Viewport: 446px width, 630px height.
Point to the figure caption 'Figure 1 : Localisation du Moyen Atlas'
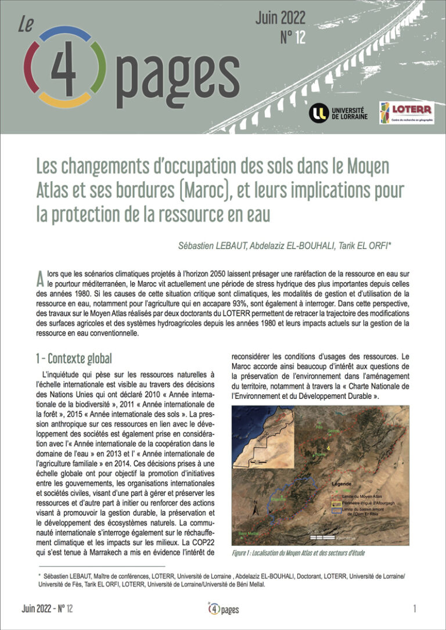298,553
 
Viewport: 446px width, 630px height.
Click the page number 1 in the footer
415,609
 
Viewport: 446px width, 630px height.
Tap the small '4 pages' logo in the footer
223,609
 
